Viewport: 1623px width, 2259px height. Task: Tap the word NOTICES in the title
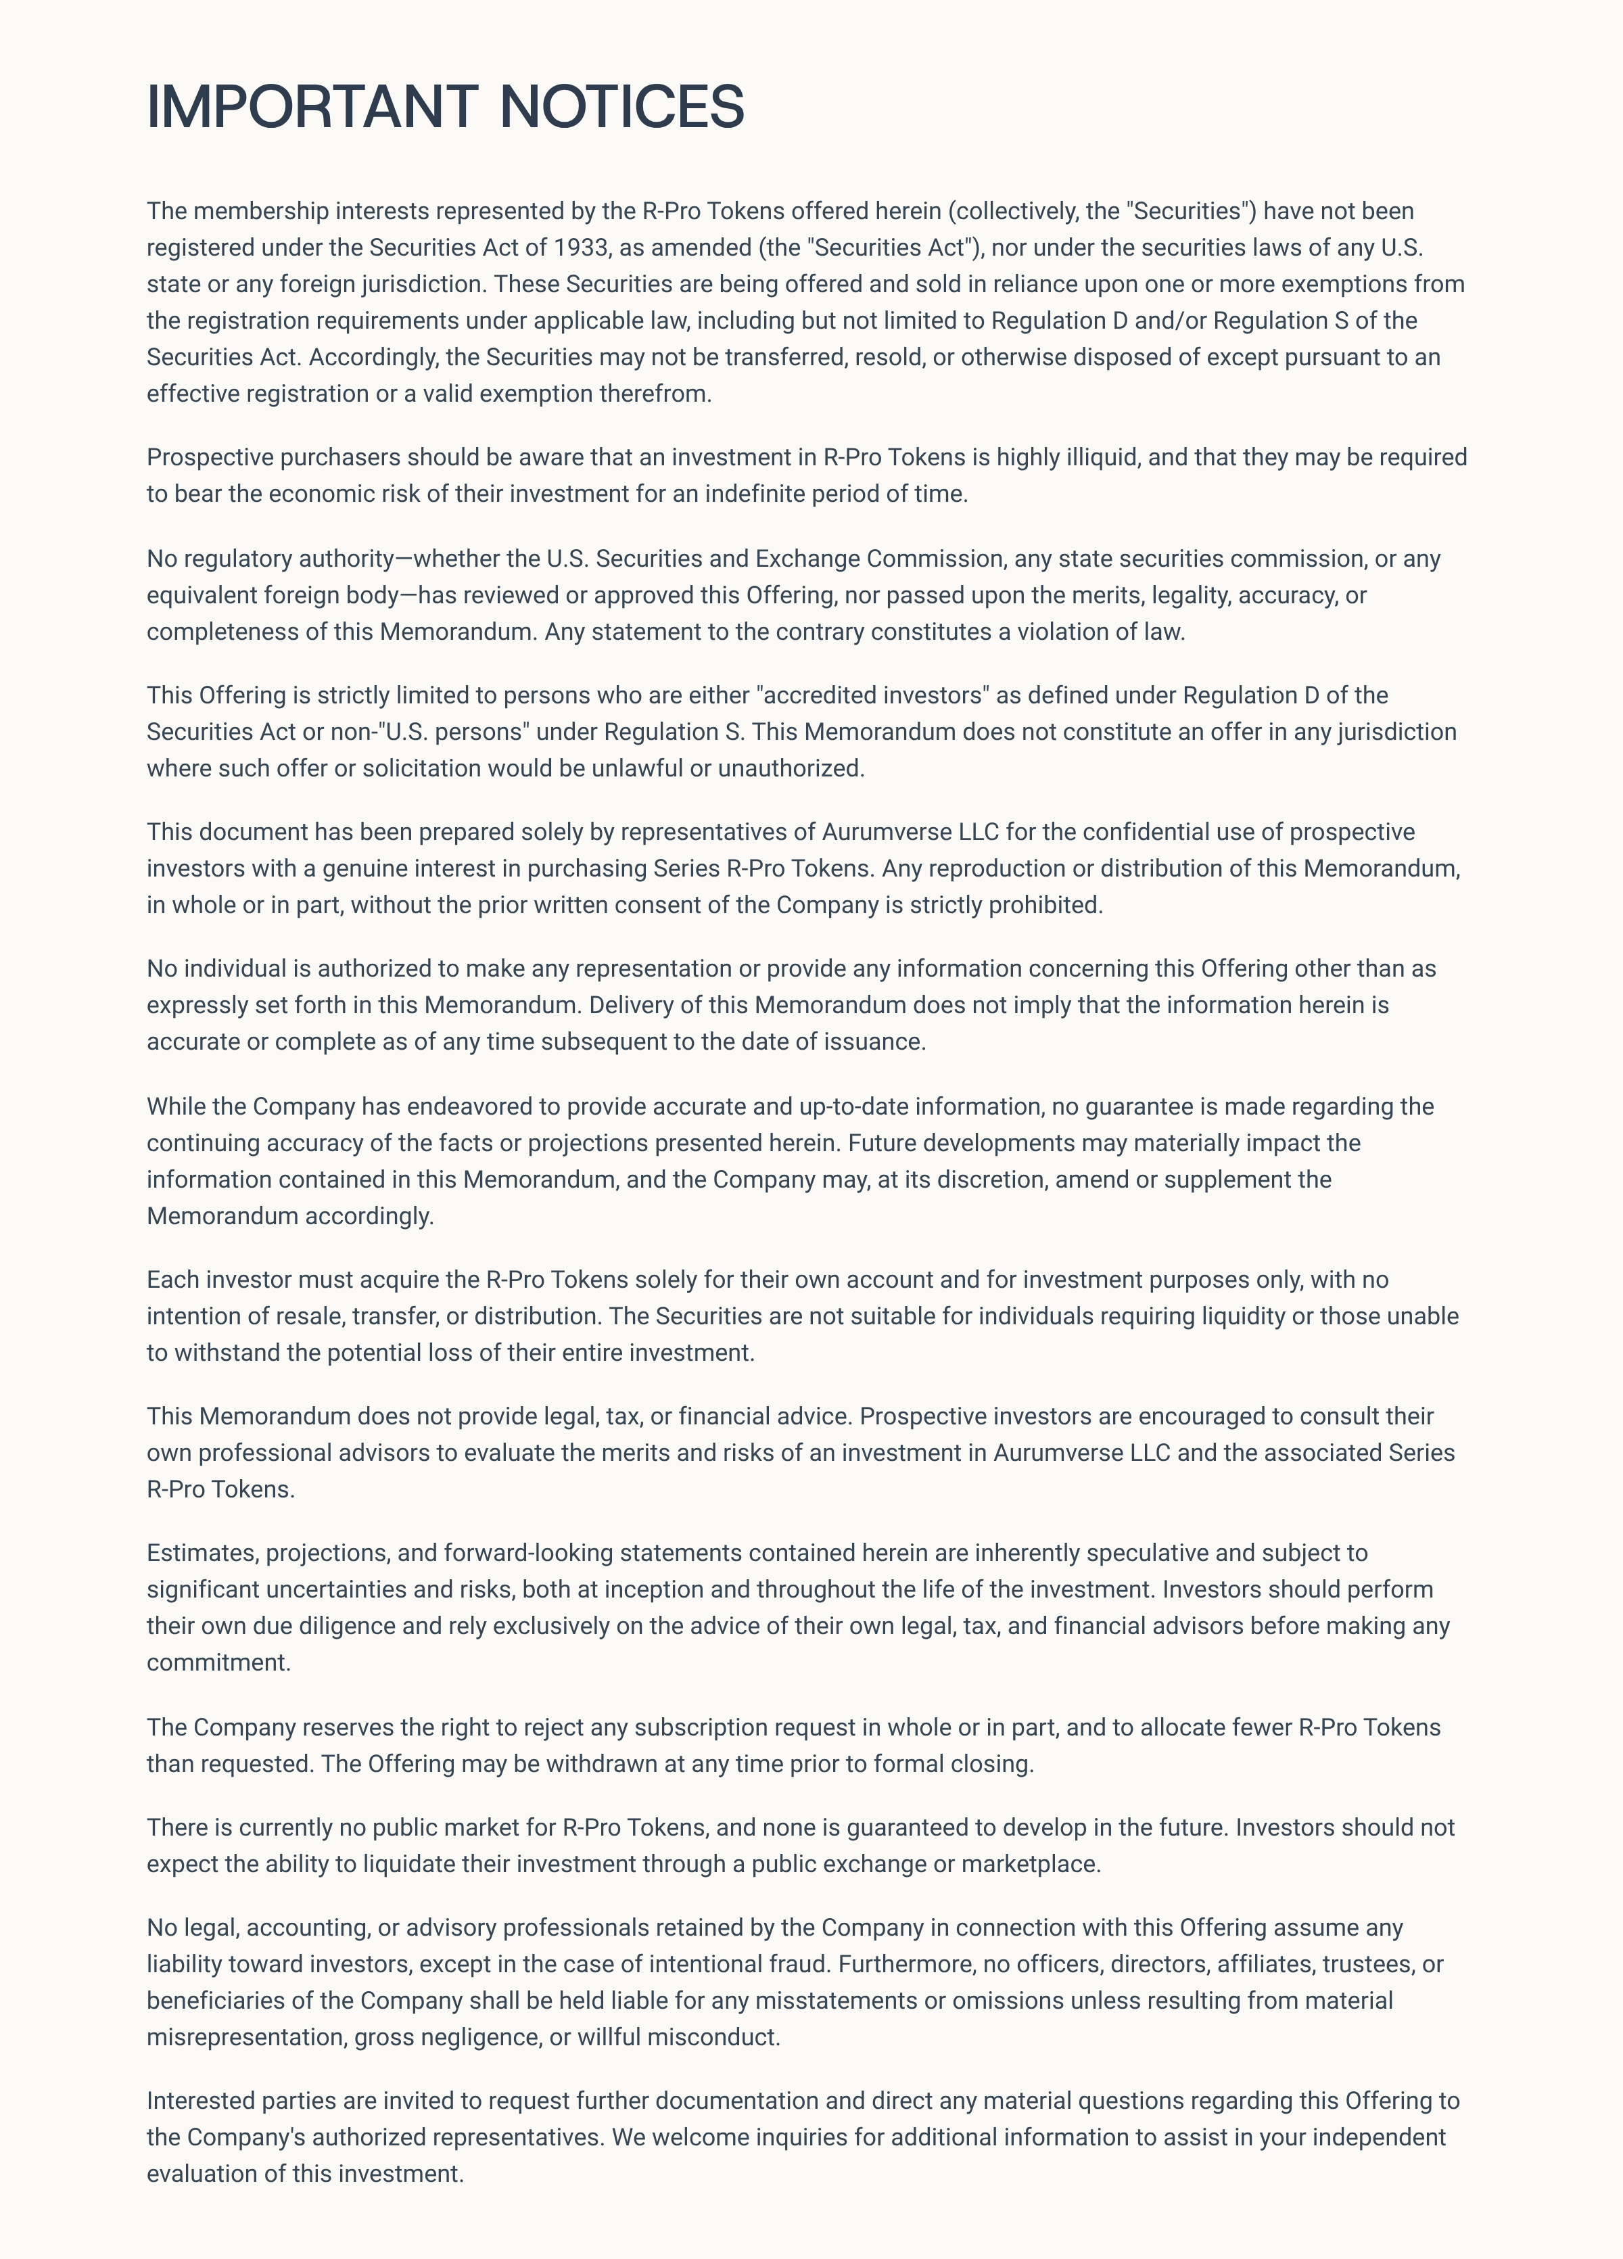pos(621,107)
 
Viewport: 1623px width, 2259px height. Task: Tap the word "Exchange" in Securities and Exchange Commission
pos(807,559)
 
